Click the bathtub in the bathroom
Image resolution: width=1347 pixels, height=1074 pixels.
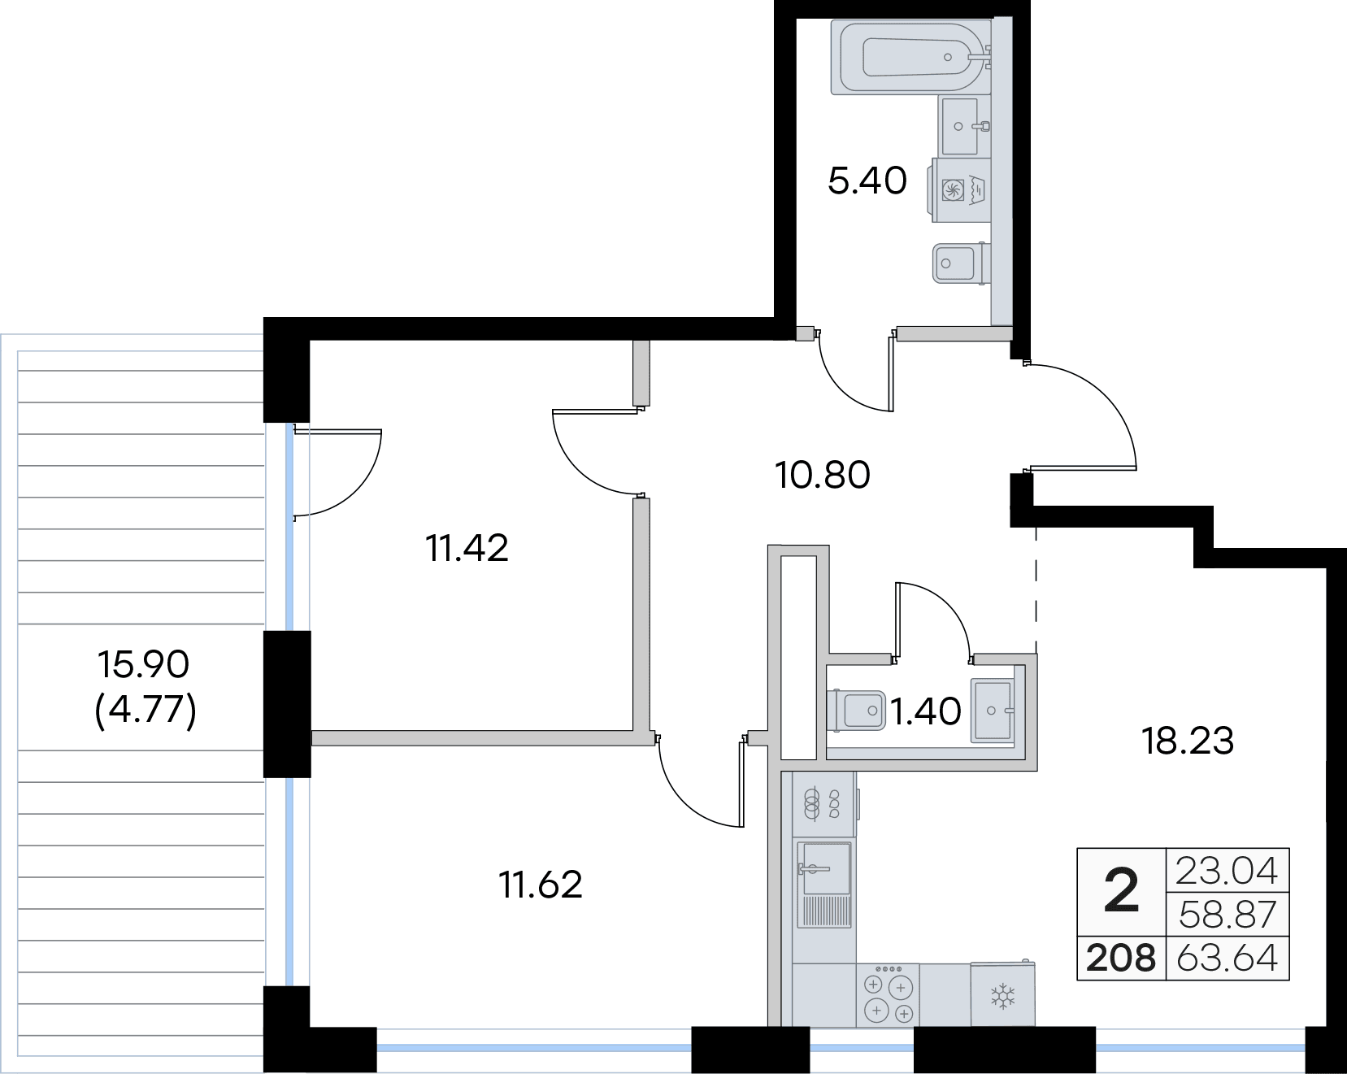point(911,56)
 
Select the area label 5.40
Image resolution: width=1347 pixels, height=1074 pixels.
point(867,180)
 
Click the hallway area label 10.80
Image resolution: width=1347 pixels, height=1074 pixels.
point(823,475)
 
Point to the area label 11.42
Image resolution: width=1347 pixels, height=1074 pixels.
point(467,549)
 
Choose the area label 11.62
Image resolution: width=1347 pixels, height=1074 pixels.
point(541,885)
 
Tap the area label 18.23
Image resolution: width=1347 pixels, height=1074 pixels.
point(1188,741)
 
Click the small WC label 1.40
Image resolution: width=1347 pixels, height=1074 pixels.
point(926,712)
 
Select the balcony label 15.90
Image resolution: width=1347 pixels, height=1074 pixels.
point(143,664)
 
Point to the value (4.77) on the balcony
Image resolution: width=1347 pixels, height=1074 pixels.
point(146,711)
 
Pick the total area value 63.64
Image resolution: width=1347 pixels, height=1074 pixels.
point(1228,958)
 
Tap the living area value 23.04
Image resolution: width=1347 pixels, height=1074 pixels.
point(1228,871)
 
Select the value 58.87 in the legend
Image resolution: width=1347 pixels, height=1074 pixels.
point(1228,915)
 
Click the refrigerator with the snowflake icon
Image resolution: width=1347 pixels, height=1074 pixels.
point(1003,994)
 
